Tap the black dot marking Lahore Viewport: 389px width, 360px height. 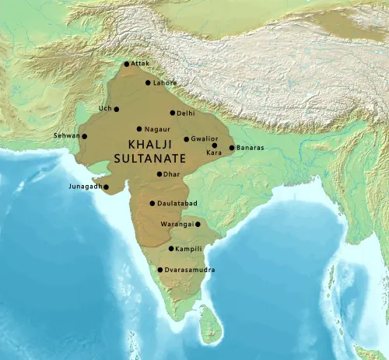click(148, 82)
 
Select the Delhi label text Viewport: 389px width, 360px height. click(186, 114)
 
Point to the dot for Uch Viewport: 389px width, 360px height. click(117, 109)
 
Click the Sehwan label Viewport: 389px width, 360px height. click(65, 136)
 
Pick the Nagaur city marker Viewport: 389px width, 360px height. click(139, 129)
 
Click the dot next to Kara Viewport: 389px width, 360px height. click(214, 145)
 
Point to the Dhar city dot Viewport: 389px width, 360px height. click(159, 174)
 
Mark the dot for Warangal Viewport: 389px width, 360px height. click(198, 224)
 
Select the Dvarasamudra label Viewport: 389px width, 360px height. click(191, 270)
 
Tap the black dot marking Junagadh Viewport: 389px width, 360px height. click(106, 187)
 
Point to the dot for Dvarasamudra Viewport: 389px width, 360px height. click(160, 270)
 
